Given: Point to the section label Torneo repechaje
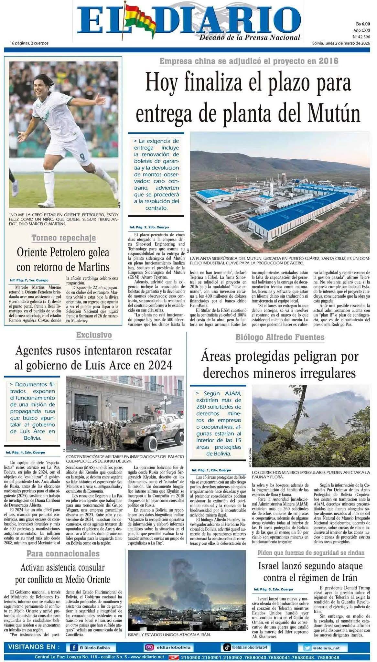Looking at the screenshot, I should click(x=64, y=238).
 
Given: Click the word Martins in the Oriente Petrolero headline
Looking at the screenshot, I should click(x=94, y=267).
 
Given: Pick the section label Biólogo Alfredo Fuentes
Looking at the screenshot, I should click(x=280, y=337).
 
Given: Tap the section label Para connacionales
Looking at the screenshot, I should click(x=63, y=554).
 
